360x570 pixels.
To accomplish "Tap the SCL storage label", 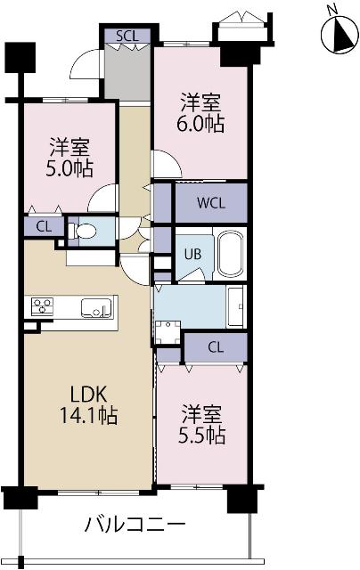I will coord(127,37).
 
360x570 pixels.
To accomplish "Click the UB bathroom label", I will coord(192,254).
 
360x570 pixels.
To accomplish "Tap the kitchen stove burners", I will coord(43,307).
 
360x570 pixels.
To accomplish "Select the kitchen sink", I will coord(96,308).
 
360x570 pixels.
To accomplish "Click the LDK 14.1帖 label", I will coord(86,403).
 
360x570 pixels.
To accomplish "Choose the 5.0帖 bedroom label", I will coord(69,156).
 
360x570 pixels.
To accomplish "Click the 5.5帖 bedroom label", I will coord(204,426).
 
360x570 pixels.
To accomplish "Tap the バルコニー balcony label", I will coord(135,524).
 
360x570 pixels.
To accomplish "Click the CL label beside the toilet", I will coord(44,227).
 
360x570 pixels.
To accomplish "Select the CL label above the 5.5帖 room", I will coord(215,346).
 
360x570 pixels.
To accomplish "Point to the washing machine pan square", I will coord(167,332).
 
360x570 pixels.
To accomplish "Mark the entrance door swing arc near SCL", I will coord(86,62).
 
